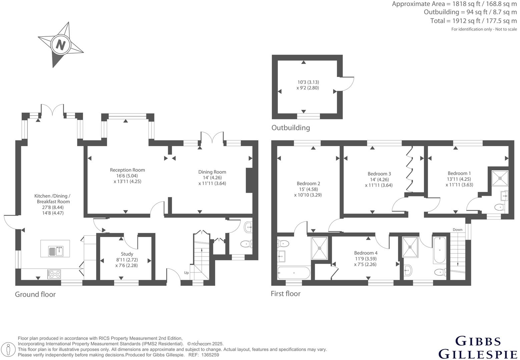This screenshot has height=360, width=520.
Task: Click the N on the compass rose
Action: click(60, 44)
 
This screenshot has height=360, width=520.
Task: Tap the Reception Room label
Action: click(127, 170)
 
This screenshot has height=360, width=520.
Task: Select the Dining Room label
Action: click(212, 172)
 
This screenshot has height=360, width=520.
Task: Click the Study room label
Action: click(127, 254)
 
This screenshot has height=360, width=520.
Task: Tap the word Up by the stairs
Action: click(186, 273)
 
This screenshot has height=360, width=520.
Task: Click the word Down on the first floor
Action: click(458, 230)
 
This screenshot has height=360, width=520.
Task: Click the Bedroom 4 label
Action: click(366, 253)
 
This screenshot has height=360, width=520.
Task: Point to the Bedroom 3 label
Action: click(379, 174)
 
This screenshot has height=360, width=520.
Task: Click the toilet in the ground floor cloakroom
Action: click(246, 244)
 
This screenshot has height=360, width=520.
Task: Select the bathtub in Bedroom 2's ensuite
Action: click(294, 273)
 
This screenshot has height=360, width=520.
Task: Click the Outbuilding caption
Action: click(291, 128)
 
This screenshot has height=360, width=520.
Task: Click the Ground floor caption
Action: click(35, 294)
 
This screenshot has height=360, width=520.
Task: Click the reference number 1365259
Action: click(210, 355)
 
